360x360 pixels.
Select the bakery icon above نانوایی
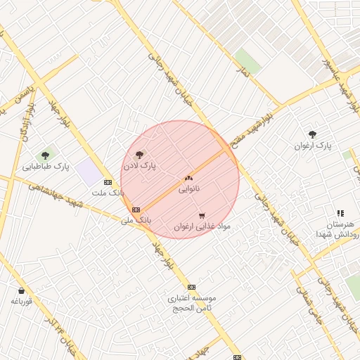[x=188, y=178]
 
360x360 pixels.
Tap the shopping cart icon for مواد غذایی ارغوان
[x=202, y=215]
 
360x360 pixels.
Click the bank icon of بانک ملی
[x=136, y=210]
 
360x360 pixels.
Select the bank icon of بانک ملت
[x=107, y=181]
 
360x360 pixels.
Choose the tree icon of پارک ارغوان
[x=312, y=134]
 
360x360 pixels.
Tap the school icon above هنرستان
[x=340, y=212]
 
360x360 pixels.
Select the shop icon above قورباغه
[x=21, y=290]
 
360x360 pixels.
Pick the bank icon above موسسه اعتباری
[x=191, y=287]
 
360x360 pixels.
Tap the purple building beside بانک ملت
[x=89, y=171]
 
